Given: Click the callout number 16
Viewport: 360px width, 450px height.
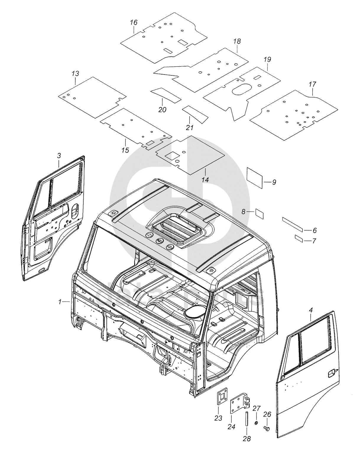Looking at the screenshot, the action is tap(134, 22).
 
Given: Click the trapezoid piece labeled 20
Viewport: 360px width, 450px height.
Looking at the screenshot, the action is tap(166, 95).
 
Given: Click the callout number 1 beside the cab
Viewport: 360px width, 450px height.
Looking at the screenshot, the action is tap(60, 302).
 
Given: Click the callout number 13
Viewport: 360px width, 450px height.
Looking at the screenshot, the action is tap(75, 73).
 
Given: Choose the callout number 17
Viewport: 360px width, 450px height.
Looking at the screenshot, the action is tap(312, 84).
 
